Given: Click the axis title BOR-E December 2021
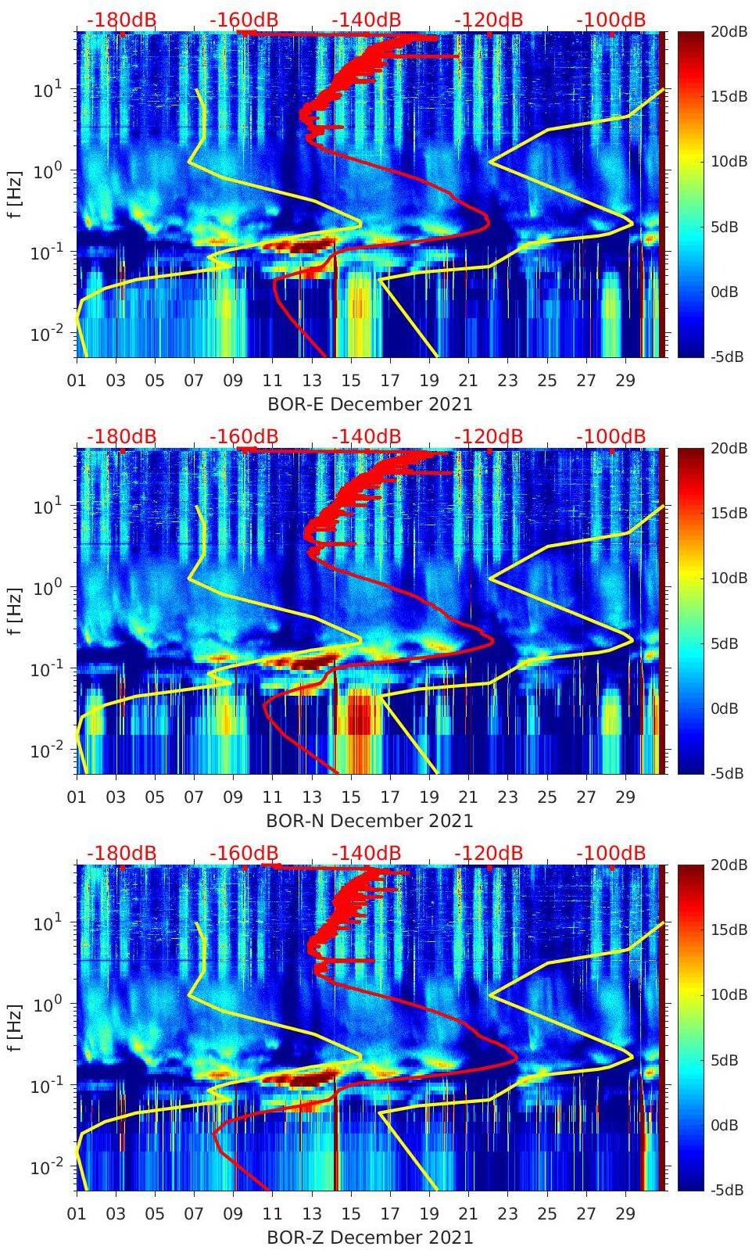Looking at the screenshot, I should coord(370,404).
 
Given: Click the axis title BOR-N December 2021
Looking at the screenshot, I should coord(370,821).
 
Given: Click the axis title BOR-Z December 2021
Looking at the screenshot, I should coord(370,1237).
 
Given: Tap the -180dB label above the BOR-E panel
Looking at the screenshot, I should coord(121,20).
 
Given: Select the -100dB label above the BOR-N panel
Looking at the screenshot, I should coord(611,436).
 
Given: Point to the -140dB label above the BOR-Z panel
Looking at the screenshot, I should coord(366,853).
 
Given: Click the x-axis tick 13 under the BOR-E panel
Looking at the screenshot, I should coord(312,381).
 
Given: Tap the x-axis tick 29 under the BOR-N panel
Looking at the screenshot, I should coord(625,797).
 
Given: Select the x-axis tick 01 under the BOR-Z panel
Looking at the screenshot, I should coord(77,1214).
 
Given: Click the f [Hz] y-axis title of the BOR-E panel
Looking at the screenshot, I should coord(14,195).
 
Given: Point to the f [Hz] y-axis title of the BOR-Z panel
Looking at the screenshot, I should coord(14,1028).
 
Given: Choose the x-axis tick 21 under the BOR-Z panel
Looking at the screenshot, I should coord(468,1214).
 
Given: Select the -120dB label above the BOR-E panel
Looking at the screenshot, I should coord(489,20).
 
